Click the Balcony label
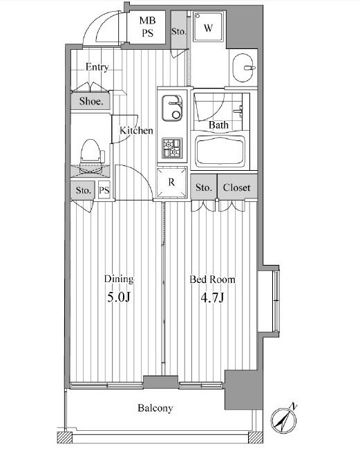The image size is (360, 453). coord(155,408)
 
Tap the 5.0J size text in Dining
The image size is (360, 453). coord(119,297)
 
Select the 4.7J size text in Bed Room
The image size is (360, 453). coord(212,297)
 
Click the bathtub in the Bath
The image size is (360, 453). coord(220,151)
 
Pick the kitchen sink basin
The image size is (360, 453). coord(171,108)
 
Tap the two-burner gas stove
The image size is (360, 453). coord(172,148)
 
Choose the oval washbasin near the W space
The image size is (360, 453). coord(243,68)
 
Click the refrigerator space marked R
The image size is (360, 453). coord(171,182)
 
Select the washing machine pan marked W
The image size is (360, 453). coord(208,28)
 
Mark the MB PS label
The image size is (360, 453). coord(147,27)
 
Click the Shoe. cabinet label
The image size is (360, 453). coord(91,101)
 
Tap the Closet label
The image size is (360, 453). coord(237,187)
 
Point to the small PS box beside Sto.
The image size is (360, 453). coord(104,189)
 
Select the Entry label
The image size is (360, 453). coord(97,67)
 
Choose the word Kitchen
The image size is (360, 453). coord(136,130)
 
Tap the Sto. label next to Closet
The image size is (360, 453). coord(204,187)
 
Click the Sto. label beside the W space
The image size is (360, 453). coord(178,32)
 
